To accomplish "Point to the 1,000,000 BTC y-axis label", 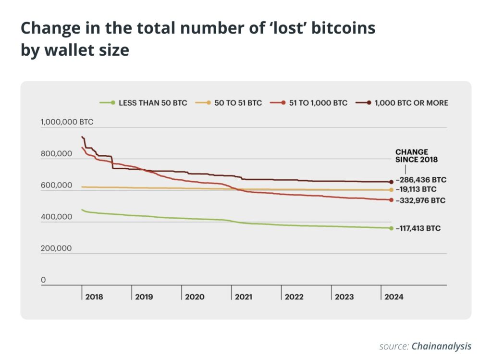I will pos(67,122).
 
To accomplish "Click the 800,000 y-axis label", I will pos(56,154).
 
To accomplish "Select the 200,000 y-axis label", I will pos(56,248).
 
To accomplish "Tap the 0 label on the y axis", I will pos(43,280).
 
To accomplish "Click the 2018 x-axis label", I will pos(94,297).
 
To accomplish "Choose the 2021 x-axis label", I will pos(244,297).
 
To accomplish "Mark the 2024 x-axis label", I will pos(394,297).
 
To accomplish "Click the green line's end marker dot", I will pos(391,228).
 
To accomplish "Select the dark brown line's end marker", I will pos(391,182).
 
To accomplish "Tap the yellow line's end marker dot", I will pos(391,190).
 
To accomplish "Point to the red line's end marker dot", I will pos(391,200).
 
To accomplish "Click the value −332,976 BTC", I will pos(420,200).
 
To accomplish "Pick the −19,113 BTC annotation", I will pos(416,190).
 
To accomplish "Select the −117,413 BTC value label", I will pos(418,229).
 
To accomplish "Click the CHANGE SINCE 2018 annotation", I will pos(412,156).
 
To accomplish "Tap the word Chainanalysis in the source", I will pos(441,346).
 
